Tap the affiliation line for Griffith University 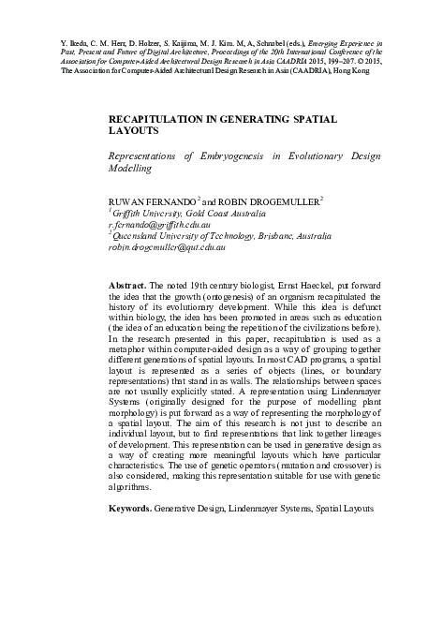pos(184,213)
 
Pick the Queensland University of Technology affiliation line pos(226,237)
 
